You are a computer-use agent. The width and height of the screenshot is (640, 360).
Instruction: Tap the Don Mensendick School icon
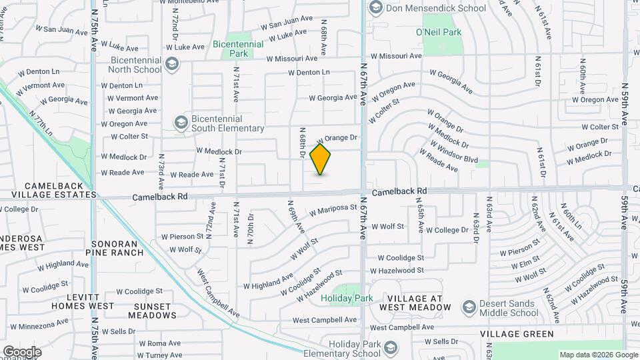(x=375, y=8)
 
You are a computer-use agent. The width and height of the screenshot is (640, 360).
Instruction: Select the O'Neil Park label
(x=439, y=31)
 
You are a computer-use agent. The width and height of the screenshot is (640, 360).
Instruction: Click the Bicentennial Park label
(x=238, y=48)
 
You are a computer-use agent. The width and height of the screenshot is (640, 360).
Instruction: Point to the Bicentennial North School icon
(x=172, y=64)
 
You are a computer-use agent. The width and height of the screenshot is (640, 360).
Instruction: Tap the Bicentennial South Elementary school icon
(x=180, y=123)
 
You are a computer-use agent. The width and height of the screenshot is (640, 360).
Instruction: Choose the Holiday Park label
(x=346, y=299)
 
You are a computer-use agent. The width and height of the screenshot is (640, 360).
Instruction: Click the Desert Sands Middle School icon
(x=467, y=307)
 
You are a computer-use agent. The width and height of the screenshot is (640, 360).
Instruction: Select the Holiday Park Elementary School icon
(x=389, y=348)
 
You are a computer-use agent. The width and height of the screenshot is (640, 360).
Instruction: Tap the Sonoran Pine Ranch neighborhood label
(x=118, y=248)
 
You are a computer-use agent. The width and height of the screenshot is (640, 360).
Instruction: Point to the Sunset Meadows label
(x=146, y=311)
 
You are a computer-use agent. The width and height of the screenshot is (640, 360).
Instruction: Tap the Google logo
(x=22, y=352)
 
